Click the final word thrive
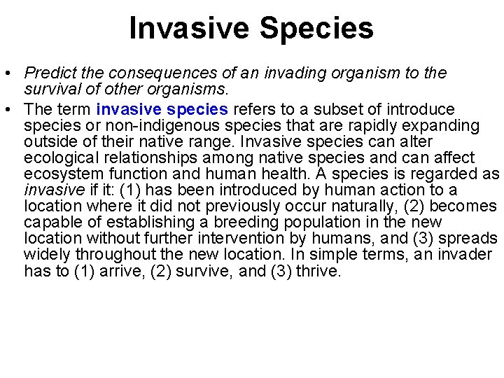(319, 271)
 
